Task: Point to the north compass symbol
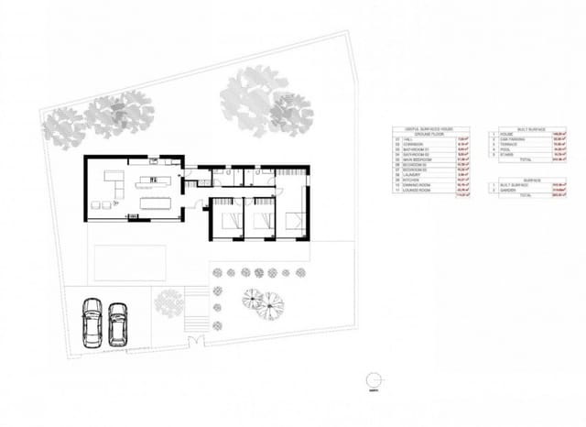tap(373, 381)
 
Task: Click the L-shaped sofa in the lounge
tap(114, 182)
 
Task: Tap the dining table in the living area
tap(158, 195)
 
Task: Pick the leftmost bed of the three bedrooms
tap(225, 220)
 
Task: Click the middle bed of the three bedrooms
tap(261, 220)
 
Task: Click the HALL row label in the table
tap(407, 139)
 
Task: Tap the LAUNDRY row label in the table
tap(411, 174)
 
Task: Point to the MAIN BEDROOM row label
tap(415, 159)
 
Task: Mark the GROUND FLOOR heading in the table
tap(430, 134)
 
